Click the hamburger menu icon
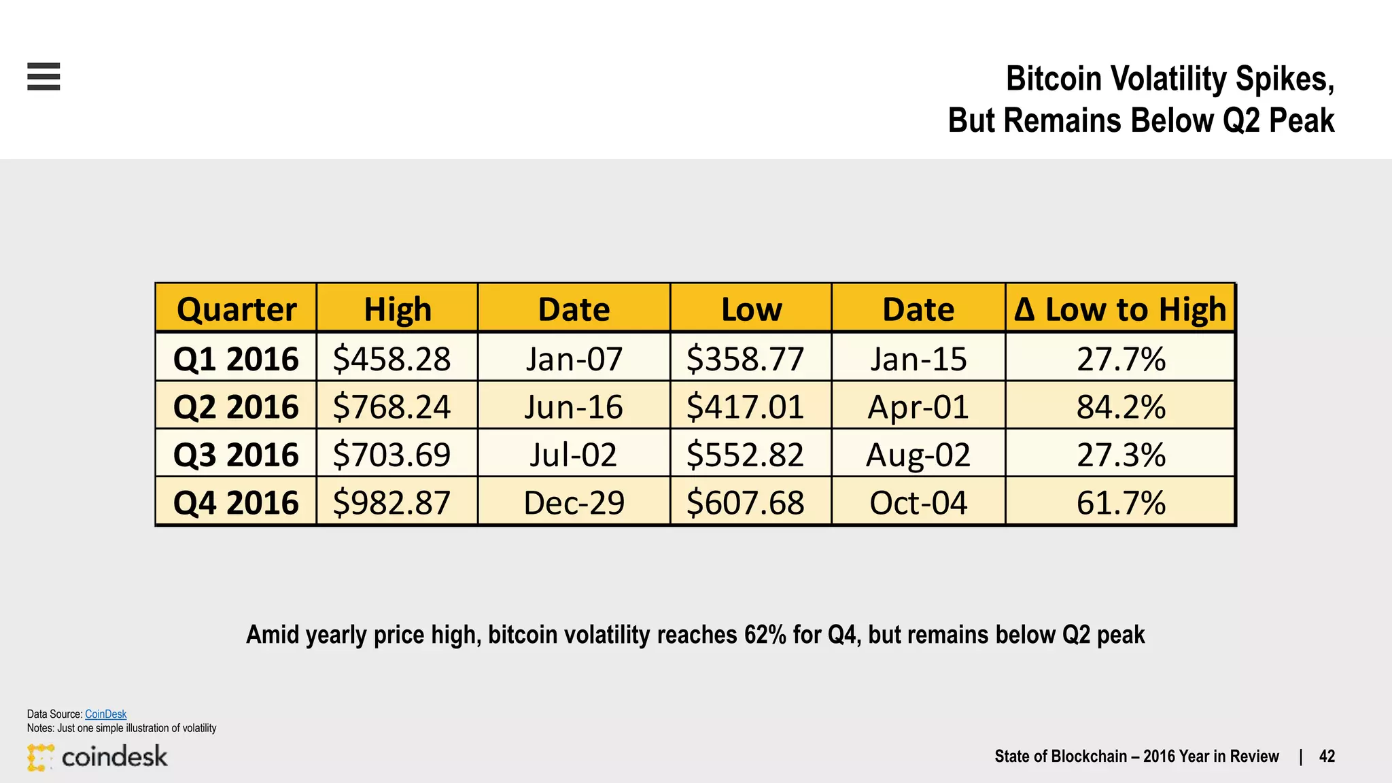43,76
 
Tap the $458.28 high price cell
391,358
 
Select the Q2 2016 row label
236,406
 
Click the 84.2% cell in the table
1121,406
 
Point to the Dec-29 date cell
574,503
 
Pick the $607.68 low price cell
745,503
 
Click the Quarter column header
237,309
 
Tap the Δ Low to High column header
1120,309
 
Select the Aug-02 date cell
918,455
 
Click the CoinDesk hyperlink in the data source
105,714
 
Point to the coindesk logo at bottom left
97,756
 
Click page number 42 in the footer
1327,756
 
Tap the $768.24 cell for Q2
391,406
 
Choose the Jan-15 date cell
918,358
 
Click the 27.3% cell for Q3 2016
1121,455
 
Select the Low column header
751,309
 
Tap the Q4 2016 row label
236,503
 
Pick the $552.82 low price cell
745,455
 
